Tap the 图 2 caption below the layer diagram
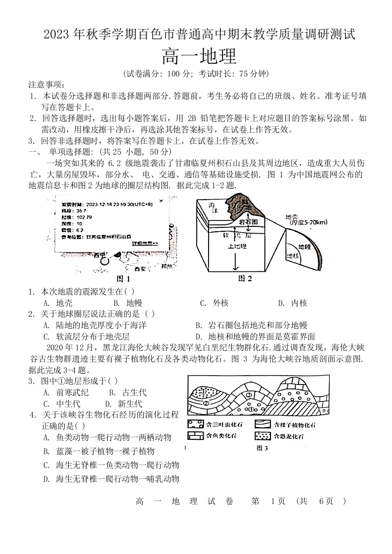click(x=245, y=278)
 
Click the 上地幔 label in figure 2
click(x=238, y=245)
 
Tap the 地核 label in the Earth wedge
click(x=293, y=256)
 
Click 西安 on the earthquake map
click(x=133, y=269)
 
